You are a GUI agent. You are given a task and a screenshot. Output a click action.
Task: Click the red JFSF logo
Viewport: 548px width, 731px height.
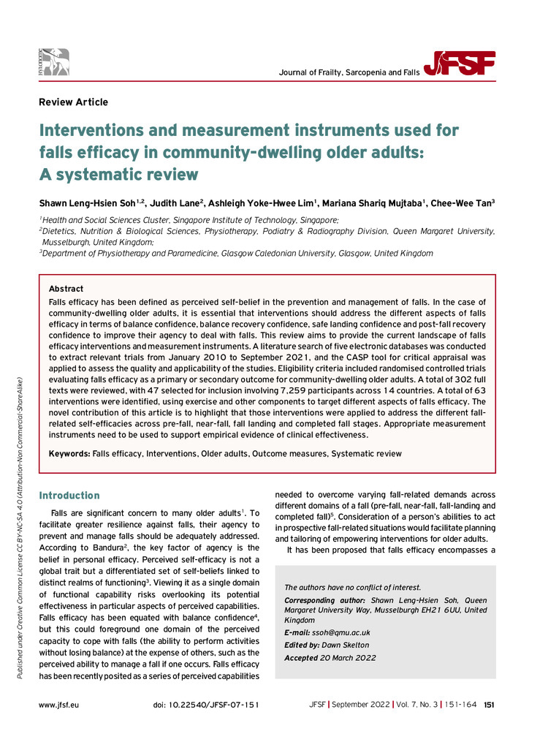463,65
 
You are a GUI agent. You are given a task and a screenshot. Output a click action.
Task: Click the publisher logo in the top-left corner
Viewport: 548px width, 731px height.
55,63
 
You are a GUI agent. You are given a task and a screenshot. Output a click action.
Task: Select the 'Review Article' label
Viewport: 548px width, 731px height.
73,102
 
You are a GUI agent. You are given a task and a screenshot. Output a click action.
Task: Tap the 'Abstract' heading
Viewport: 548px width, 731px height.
66,289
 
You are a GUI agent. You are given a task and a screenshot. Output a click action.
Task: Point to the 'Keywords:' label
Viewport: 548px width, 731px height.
69,453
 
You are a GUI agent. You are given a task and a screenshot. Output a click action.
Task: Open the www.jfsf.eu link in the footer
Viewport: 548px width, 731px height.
59,704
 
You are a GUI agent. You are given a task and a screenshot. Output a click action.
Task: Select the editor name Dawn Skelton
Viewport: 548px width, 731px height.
345,645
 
